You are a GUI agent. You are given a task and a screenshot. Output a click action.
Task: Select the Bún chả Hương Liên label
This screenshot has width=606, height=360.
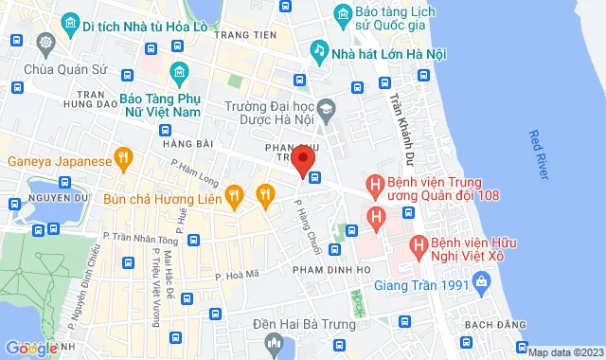click(164, 198)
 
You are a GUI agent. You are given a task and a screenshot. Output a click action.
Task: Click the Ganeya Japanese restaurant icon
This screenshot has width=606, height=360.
click(121, 158)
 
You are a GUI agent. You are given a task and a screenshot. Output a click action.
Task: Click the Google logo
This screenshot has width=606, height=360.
click(31, 349)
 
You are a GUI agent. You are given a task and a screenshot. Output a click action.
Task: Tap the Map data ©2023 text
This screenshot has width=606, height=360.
click(564, 352)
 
